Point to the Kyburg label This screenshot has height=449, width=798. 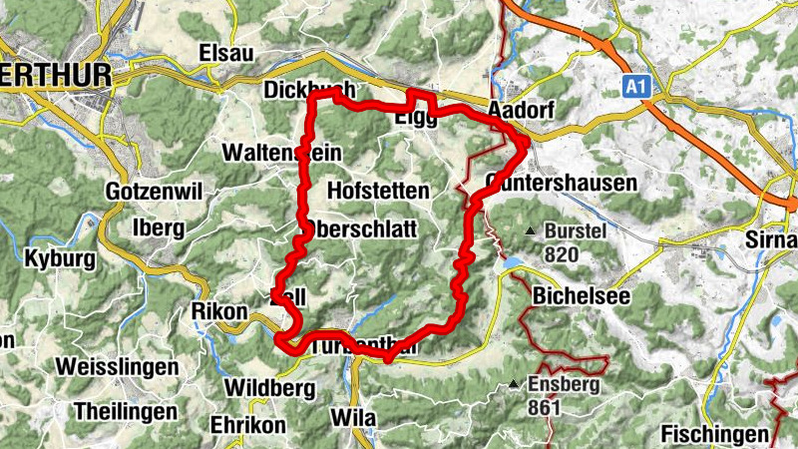(x=60, y=259)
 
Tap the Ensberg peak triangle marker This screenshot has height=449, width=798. (x=513, y=384)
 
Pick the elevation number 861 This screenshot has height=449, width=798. (x=546, y=407)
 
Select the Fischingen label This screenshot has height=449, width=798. (x=716, y=434)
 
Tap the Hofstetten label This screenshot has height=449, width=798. (x=377, y=190)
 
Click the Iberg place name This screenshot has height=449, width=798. (x=158, y=227)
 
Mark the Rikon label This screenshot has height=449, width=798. (x=218, y=311)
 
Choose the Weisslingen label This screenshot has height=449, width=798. (x=117, y=366)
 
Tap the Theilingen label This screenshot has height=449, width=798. (x=126, y=410)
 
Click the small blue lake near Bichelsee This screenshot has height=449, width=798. (x=511, y=262)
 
